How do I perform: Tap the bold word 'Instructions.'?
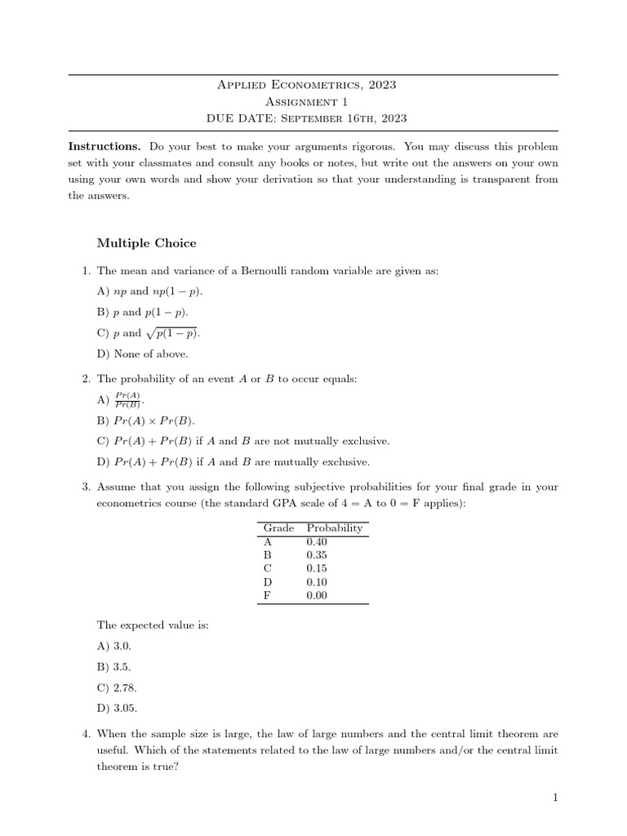(x=104, y=146)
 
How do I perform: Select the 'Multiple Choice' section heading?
(x=146, y=242)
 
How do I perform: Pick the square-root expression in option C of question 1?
(x=173, y=332)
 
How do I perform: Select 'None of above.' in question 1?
(x=142, y=354)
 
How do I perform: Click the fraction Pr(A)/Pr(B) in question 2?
(x=128, y=399)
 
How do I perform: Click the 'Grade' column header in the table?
(x=278, y=528)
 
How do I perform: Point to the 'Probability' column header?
(x=334, y=528)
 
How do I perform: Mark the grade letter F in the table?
(x=266, y=595)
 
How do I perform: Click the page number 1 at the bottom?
(x=555, y=798)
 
